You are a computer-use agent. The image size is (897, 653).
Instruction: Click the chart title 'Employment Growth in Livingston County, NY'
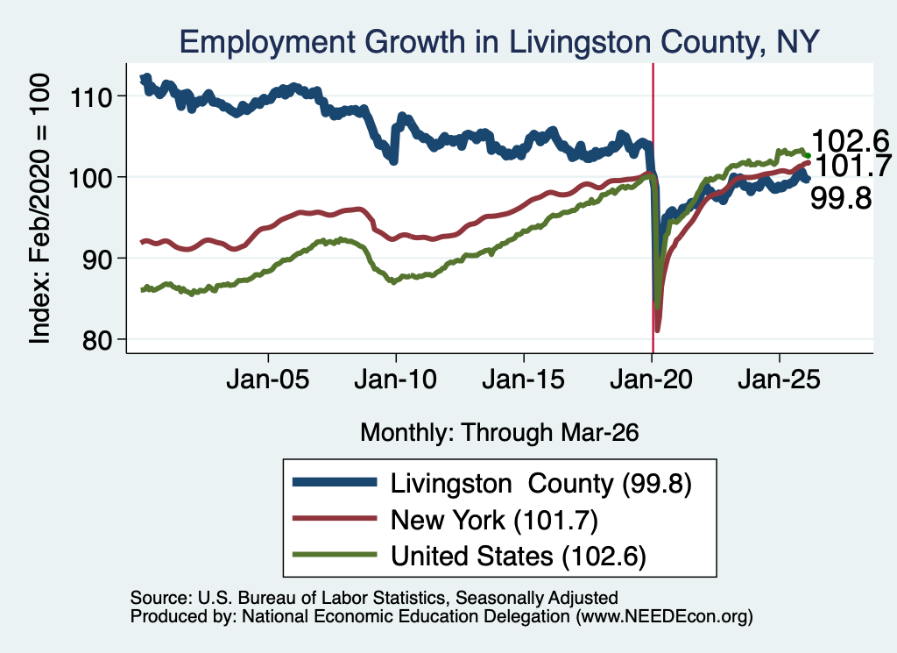[x=499, y=42]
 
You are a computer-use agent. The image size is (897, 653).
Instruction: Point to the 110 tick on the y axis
[x=90, y=96]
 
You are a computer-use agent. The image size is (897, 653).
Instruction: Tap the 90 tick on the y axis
[x=97, y=259]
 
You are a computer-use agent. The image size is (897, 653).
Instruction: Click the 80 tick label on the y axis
[x=97, y=340]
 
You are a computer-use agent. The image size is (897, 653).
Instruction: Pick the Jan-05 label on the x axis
[x=268, y=380]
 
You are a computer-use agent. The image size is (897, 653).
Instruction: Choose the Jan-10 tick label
[x=395, y=380]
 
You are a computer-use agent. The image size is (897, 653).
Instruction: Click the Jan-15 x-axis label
[x=524, y=380]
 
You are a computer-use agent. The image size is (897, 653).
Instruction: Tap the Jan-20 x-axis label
[x=652, y=380]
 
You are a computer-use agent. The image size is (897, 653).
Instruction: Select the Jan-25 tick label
[x=779, y=380]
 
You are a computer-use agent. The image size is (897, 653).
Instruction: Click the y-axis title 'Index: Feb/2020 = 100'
[x=39, y=209]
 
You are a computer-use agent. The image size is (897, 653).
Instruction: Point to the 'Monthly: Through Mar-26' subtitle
[x=499, y=433]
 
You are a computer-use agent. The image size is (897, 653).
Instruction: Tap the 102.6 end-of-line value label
[x=851, y=141]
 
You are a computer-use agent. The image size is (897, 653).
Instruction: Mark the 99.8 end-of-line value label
[x=841, y=199]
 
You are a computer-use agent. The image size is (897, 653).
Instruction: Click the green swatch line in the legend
[x=335, y=555]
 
